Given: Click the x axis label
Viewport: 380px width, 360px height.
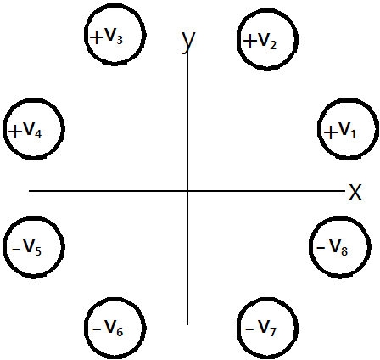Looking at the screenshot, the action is tap(355, 192).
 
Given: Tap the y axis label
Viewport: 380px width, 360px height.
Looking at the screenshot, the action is tap(188, 42).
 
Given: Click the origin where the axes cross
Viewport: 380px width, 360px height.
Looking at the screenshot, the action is tap(187, 191).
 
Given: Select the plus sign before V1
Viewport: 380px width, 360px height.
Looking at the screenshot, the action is tap(331, 132).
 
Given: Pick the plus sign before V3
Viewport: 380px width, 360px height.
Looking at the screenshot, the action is tap(97, 38).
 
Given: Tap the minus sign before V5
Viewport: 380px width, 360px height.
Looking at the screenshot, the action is tap(16, 250).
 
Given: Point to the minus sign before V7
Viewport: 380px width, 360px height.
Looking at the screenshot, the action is tap(249, 329).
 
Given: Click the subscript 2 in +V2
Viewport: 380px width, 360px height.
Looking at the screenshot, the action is tap(273, 45).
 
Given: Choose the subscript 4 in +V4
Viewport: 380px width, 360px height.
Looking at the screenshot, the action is tap(38, 134).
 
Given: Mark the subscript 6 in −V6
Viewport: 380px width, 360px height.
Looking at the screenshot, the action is tap(120, 332).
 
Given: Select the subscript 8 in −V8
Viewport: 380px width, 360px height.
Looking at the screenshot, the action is tap(344, 251).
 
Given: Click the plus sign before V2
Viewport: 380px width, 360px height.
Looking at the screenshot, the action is tap(249, 41).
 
